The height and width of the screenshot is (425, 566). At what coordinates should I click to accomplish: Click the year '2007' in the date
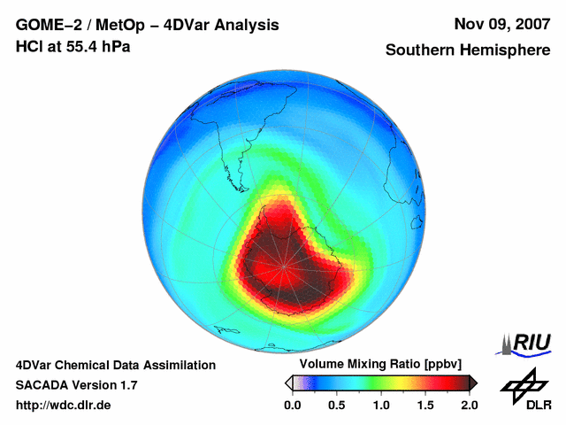[526, 25]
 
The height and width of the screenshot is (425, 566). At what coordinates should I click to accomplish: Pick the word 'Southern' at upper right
[421, 50]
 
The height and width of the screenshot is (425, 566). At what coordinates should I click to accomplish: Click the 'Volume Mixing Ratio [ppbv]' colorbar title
[376, 365]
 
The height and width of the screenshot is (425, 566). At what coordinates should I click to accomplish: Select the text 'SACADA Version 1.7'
[76, 385]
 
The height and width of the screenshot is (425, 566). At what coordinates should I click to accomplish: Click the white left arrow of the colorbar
[288, 382]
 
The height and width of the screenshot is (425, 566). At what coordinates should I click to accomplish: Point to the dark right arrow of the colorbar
[473, 382]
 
